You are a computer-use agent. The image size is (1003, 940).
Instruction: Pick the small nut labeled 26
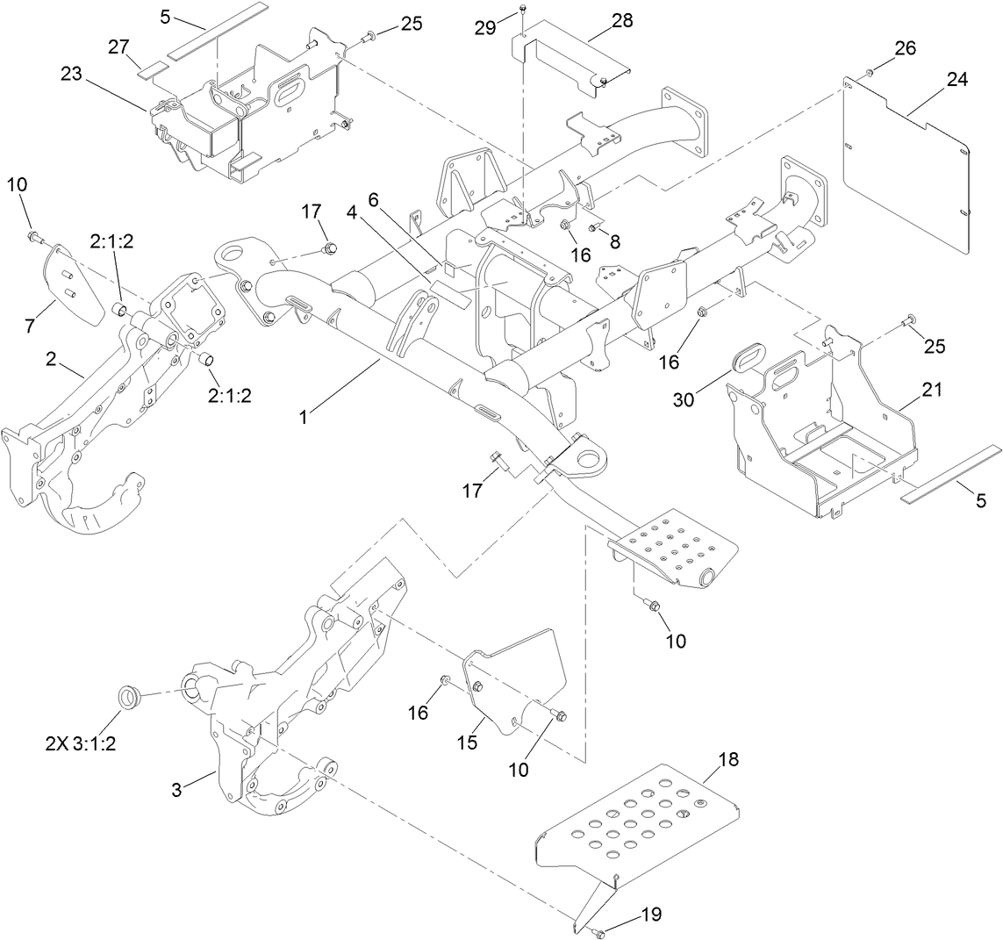click(869, 72)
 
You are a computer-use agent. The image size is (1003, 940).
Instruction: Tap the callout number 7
click(30, 326)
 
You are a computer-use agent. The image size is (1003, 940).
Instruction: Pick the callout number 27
click(119, 45)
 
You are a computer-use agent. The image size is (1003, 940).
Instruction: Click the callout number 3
click(176, 789)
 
